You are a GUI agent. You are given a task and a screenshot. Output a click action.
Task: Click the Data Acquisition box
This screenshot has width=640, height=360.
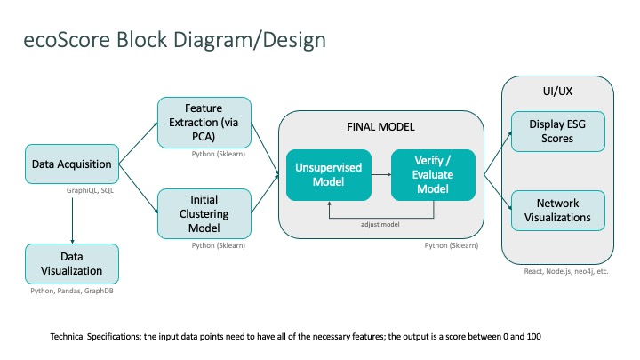(72, 164)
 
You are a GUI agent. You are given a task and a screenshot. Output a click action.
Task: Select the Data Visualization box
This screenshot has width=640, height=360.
(72, 264)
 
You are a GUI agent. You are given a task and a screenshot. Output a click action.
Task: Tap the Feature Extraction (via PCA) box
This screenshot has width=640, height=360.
(204, 123)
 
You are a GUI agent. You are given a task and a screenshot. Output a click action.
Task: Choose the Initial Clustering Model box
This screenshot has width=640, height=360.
(204, 214)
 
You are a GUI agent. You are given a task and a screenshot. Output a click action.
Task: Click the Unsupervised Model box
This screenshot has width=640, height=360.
(329, 175)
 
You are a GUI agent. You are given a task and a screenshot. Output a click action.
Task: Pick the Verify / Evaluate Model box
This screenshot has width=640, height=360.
(433, 175)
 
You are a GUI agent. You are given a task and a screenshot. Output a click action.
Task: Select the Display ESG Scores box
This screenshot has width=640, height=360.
(558, 132)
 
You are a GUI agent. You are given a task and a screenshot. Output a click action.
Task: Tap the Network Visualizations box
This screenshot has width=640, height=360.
(558, 211)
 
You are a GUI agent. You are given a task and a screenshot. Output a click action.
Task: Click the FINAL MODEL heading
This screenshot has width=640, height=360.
(380, 127)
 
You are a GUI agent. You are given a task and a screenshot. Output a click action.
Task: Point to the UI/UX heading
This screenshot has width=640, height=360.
(557, 91)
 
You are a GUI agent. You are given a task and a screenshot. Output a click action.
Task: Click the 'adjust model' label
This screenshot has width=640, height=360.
(380, 225)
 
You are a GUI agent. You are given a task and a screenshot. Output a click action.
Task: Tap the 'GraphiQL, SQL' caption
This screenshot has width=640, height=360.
(90, 190)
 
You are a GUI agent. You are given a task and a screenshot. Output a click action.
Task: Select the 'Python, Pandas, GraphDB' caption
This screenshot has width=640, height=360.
(72, 291)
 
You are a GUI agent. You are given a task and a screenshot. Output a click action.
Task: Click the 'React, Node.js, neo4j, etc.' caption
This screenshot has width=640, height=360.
(566, 271)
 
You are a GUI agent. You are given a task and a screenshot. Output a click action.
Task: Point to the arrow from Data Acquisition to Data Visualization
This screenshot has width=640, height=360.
(72, 220)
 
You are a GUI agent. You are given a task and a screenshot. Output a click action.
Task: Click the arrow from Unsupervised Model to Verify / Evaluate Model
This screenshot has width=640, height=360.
(381, 175)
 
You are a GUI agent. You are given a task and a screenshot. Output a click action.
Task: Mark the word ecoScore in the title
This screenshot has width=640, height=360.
(67, 40)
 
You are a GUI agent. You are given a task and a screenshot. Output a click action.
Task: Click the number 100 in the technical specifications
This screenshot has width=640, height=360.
(534, 337)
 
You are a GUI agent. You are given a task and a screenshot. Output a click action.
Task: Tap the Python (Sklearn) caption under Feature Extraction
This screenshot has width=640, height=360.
(219, 154)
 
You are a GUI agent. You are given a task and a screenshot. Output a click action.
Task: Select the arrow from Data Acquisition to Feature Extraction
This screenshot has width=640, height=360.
(138, 143)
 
